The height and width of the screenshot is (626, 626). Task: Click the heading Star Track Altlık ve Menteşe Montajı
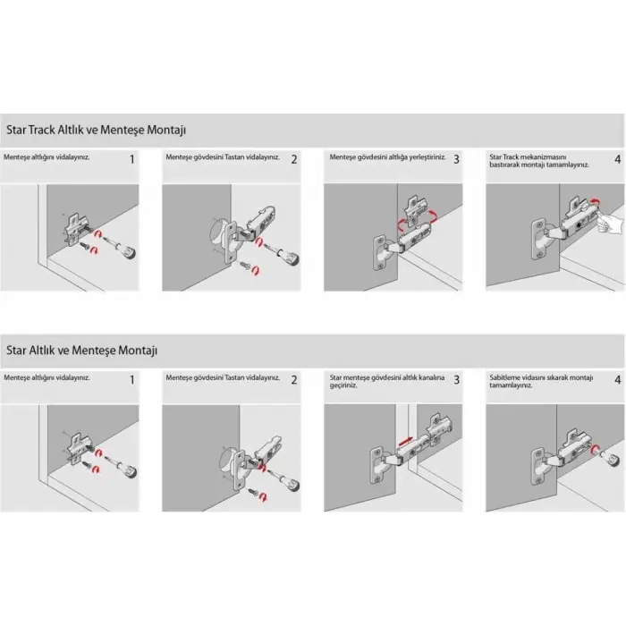coord(97,131)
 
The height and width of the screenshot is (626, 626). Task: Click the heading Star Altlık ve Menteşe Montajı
coord(82,351)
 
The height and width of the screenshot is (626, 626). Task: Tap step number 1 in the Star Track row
coord(132,160)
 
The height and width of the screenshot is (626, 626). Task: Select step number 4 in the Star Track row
coord(618,160)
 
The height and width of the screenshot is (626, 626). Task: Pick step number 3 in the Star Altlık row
coord(456,380)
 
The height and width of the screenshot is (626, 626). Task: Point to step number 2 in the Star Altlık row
coord(294,380)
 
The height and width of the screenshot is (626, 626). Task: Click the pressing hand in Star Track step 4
coord(610,223)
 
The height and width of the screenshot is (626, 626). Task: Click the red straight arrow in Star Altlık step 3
coord(405,442)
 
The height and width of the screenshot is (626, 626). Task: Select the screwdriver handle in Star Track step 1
coord(128,251)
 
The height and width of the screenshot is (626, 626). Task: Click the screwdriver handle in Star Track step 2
coord(291,258)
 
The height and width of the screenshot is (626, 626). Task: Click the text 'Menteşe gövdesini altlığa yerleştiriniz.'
coord(387,157)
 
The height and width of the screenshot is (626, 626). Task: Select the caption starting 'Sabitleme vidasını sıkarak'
coord(541,381)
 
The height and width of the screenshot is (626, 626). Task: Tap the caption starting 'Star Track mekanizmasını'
coord(539,161)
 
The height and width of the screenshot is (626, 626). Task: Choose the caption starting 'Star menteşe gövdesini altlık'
coord(387,381)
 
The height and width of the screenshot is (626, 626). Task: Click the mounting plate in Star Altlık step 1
coord(78,449)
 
